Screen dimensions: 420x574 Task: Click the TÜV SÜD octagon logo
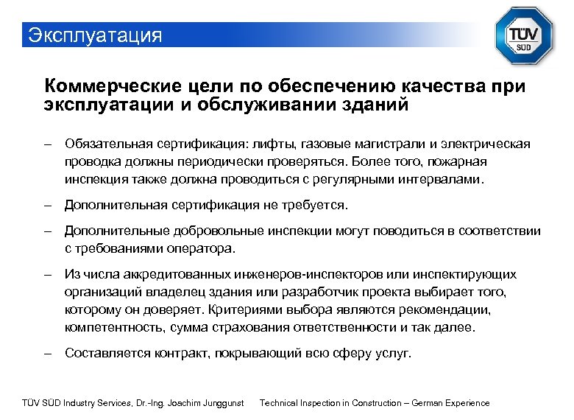pyautogui.click(x=524, y=35)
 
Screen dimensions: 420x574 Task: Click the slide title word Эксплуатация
pyautogui.click(x=94, y=35)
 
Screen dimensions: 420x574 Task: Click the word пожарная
pyautogui.click(x=456, y=161)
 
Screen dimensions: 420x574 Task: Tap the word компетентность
pyautogui.click(x=114, y=327)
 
